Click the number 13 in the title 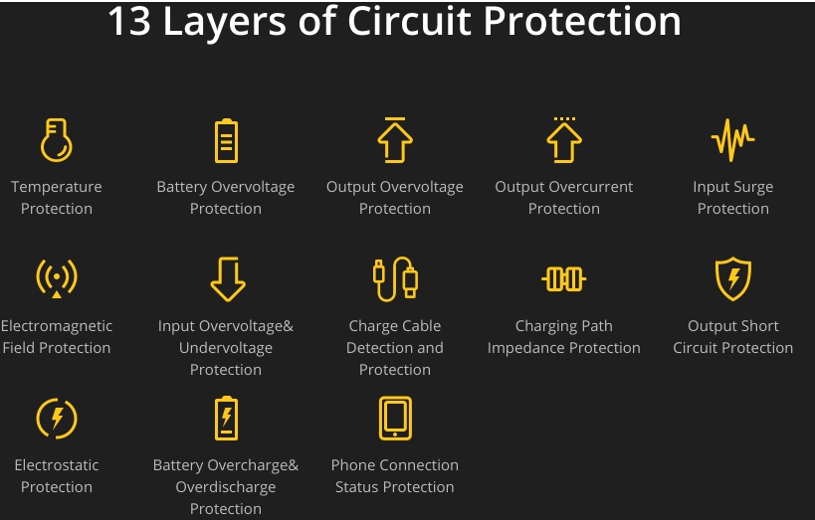(x=128, y=22)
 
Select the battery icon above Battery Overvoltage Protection (x=226, y=140)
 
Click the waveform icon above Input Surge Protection (x=733, y=140)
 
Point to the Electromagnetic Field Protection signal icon (x=57, y=278)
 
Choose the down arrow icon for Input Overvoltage (x=227, y=278)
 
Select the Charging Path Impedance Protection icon (x=564, y=278)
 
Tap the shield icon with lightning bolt (x=733, y=278)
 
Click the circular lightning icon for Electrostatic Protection (x=57, y=418)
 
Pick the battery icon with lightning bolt (x=227, y=418)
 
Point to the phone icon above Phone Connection (x=395, y=418)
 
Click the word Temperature (x=57, y=187)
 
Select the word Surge (x=753, y=187)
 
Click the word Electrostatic (x=57, y=465)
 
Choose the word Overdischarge (x=226, y=487)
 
